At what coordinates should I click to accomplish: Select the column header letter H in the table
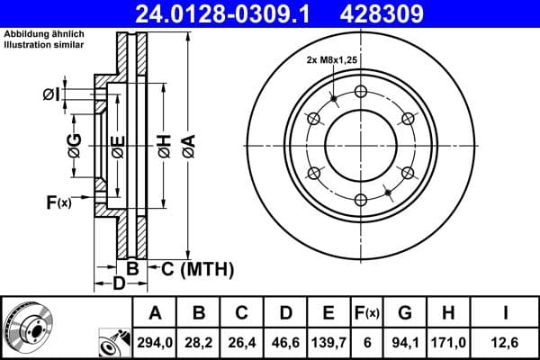coord(448,313)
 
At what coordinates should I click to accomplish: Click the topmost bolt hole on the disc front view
coord(361,91)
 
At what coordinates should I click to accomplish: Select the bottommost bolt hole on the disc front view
coord(361,200)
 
